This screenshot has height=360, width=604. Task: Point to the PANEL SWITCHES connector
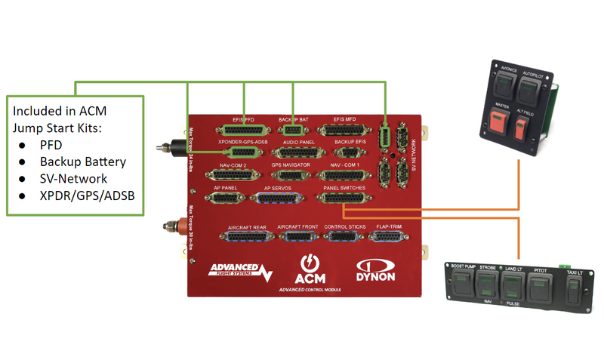coord(344,198)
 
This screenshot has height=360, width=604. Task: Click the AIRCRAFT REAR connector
coord(245,235)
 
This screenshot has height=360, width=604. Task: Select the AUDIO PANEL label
coord(298,142)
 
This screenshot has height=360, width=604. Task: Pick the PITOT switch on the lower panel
coord(539,286)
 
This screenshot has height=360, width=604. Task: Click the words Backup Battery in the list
coord(83,162)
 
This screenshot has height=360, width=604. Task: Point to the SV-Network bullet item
coord(74,179)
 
